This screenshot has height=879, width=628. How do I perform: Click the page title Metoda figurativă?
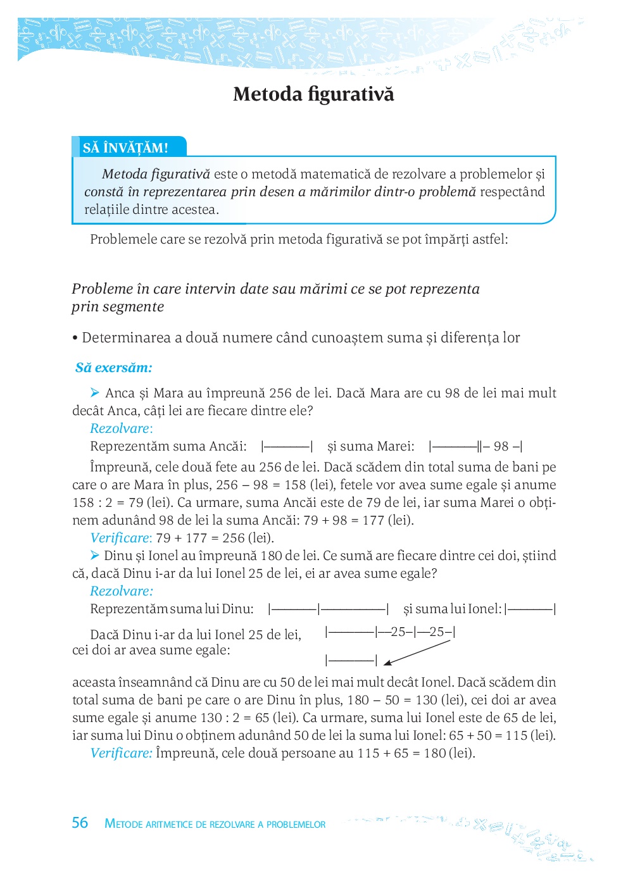[313, 94]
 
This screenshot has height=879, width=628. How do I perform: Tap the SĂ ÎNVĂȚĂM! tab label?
[125, 148]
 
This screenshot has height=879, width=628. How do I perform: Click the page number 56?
[80, 823]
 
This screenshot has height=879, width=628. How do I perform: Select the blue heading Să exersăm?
[114, 368]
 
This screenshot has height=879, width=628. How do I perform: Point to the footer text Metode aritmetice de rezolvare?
[215, 824]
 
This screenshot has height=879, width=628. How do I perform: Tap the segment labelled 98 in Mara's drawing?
[501, 447]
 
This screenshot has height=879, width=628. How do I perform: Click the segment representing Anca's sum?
[287, 447]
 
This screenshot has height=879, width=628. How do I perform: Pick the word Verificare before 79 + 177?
[120, 538]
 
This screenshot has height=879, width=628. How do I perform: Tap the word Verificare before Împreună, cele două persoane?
[120, 753]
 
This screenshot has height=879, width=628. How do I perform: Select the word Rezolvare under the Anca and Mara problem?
[120, 428]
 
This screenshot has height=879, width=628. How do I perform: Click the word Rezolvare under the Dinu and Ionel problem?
[120, 591]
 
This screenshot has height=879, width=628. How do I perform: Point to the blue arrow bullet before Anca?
[95, 393]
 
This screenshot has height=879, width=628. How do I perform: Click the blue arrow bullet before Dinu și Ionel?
[95, 556]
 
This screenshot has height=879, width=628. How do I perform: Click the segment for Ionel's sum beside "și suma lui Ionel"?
[531, 609]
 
